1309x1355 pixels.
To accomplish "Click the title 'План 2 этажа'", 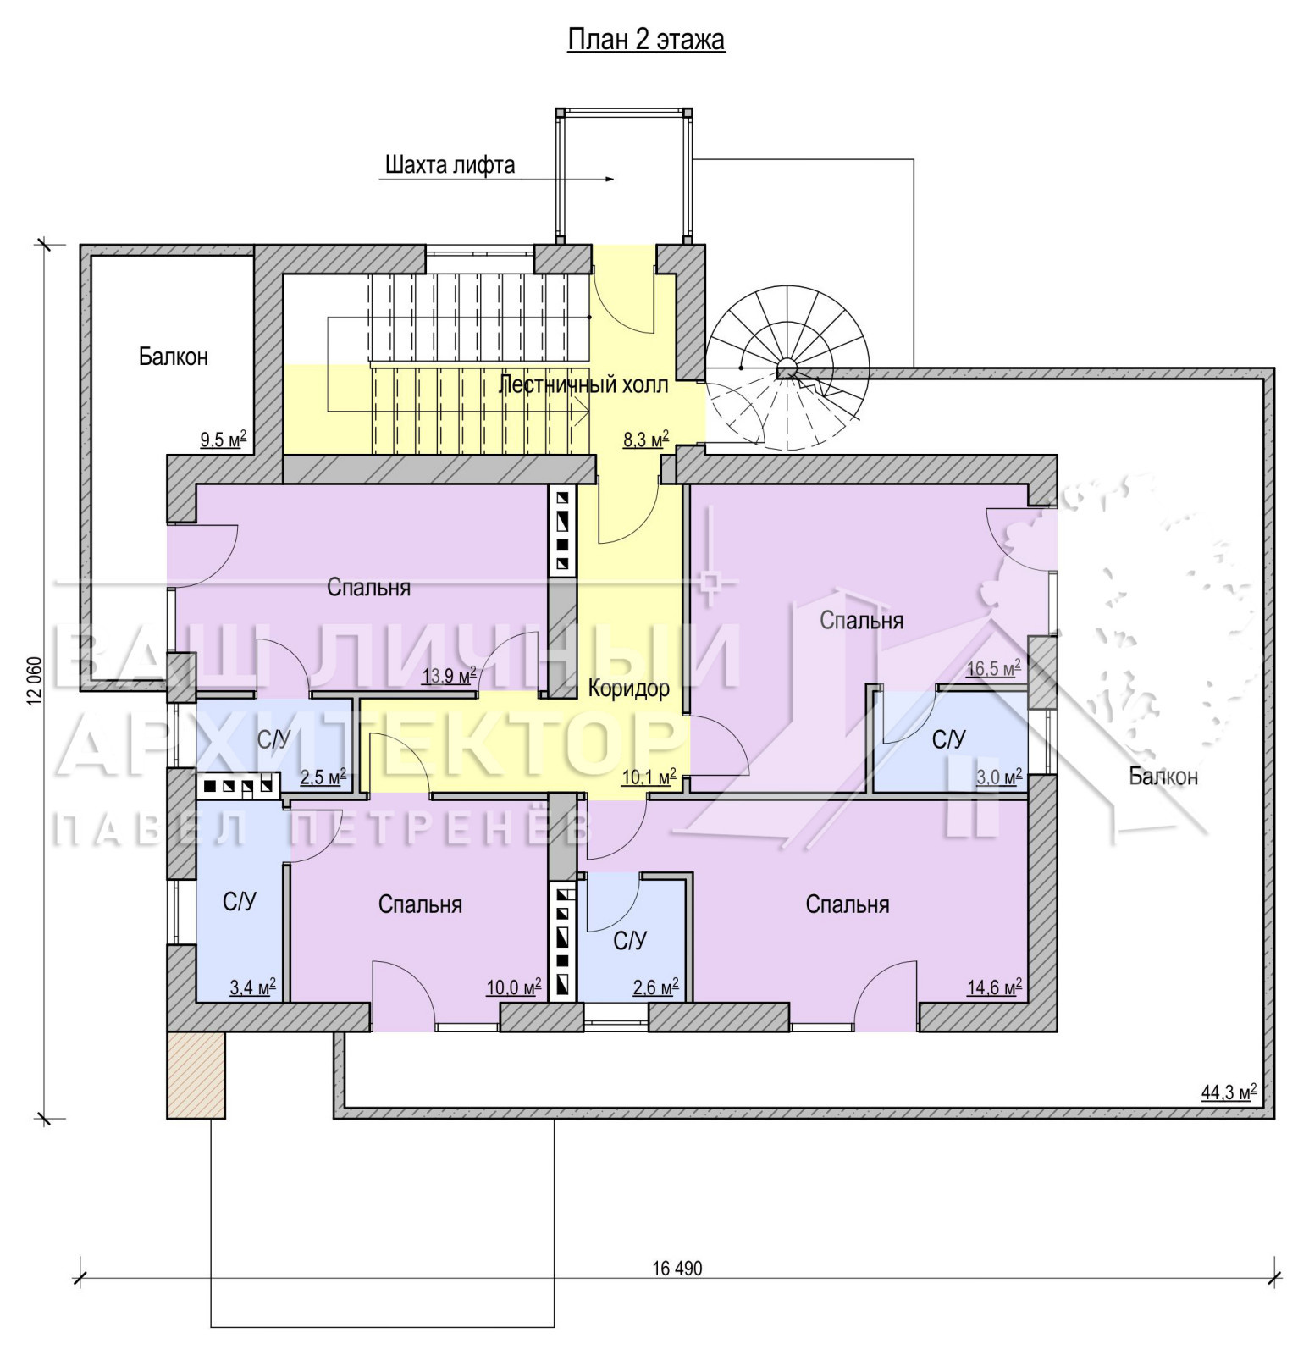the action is tap(646, 40).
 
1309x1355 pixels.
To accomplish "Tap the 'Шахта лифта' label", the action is tap(450, 164).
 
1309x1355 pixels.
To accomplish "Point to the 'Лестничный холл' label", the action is tap(583, 385).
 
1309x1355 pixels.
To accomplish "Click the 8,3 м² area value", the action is tap(646, 440).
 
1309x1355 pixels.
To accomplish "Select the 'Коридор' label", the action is tap(629, 688).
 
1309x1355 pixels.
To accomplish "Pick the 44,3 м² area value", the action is tap(1229, 1092).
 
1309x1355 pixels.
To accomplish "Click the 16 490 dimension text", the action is tap(677, 1268).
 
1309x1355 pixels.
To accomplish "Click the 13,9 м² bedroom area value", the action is tap(449, 676).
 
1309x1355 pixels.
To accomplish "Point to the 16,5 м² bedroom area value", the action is tap(993, 668).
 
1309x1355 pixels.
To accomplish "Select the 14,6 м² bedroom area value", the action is tap(994, 987).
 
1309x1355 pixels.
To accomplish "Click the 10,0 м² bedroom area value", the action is tap(513, 987).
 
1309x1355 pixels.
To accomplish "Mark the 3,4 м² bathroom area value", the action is tap(252, 987).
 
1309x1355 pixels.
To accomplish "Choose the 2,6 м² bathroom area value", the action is tap(655, 987).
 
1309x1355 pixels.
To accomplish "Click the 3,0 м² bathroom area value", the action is tap(999, 777).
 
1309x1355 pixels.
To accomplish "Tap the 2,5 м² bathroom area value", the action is tap(323, 777).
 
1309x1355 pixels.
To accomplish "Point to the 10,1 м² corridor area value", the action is tap(649, 777).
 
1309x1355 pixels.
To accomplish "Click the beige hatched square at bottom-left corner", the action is tap(196, 1075).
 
